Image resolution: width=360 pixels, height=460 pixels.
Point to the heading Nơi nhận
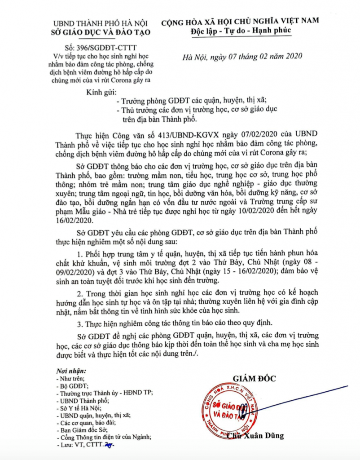pyautogui.click(x=71, y=372)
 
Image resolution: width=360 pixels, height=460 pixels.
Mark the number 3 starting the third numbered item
pyautogui.click(x=79, y=323)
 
